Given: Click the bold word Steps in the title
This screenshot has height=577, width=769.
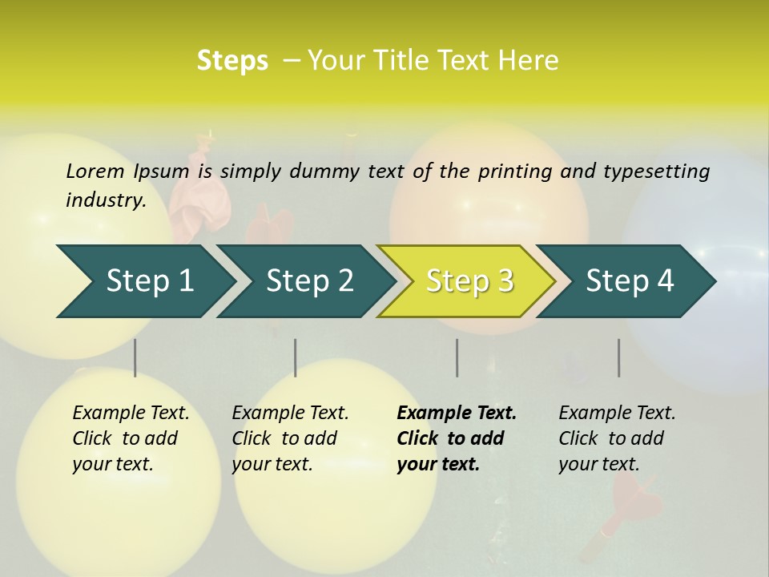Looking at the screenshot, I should pyautogui.click(x=232, y=61).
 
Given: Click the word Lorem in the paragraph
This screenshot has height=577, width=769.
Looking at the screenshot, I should pyautogui.click(x=95, y=171).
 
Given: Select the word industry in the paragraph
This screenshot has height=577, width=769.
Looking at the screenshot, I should pyautogui.click(x=105, y=200).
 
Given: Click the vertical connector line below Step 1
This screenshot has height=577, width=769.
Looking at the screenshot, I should pyautogui.click(x=135, y=357).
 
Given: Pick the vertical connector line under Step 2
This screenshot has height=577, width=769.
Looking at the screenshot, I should pyautogui.click(x=296, y=357).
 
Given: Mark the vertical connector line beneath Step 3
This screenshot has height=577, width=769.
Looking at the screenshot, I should pyautogui.click(x=457, y=357).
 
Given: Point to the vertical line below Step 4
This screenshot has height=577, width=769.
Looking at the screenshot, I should pyautogui.click(x=618, y=357).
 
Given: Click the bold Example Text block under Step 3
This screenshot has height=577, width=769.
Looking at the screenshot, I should pyautogui.click(x=456, y=438).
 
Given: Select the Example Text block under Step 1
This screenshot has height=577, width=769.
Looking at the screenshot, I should pyautogui.click(x=131, y=438).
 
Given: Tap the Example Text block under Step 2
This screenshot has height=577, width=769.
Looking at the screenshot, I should pyautogui.click(x=290, y=438).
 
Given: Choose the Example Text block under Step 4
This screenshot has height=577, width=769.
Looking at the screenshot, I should pyautogui.click(x=617, y=438).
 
